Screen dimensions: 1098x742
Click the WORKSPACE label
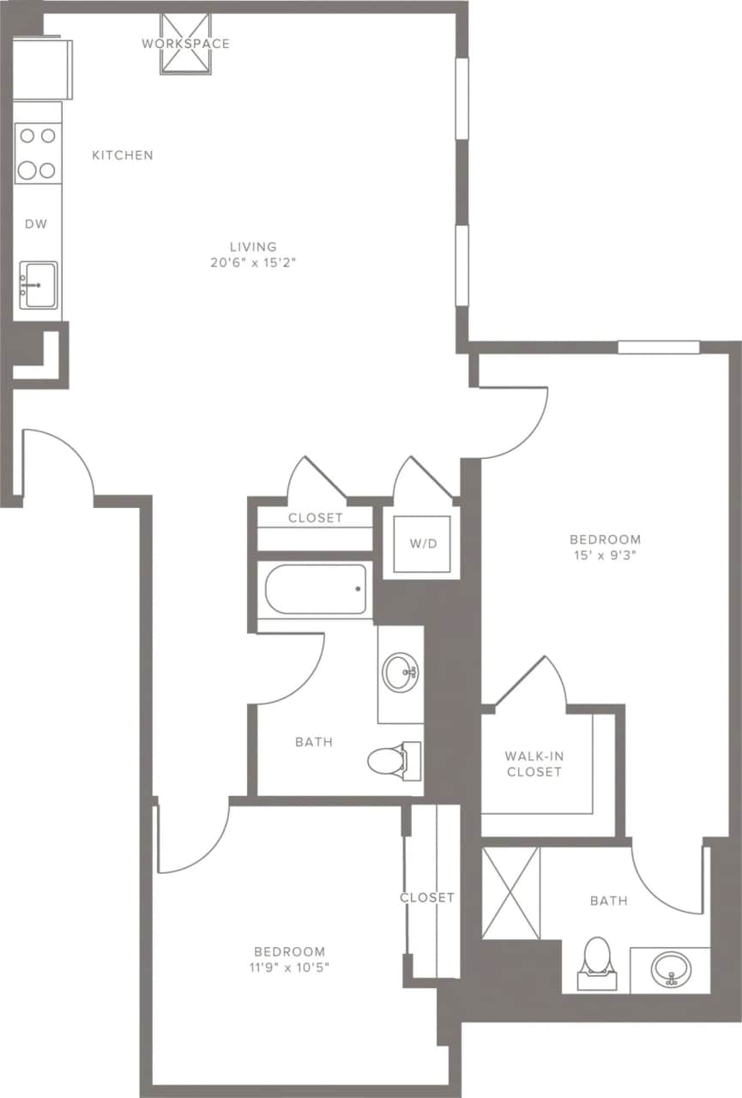pos(185,43)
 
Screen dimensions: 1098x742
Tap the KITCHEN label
pos(123,155)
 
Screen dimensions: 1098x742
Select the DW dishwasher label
pos(35,224)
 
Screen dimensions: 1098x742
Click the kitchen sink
pos(38,284)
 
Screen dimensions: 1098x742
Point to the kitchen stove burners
pos(38,153)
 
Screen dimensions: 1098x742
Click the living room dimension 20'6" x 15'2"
pos(258,262)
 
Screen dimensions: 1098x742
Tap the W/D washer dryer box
pos(420,543)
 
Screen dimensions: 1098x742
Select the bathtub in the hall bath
pos(315,589)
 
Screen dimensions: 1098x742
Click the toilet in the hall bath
pos(391,760)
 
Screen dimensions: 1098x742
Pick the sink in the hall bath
pos(401,673)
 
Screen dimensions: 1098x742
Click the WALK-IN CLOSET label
pos(534,763)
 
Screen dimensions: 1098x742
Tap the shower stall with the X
pos(510,892)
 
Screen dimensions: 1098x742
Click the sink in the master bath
pos(670,970)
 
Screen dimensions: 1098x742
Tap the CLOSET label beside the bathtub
pos(315,518)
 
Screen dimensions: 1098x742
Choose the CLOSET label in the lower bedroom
pos(426,897)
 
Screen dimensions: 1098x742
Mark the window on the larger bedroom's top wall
pos(658,347)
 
